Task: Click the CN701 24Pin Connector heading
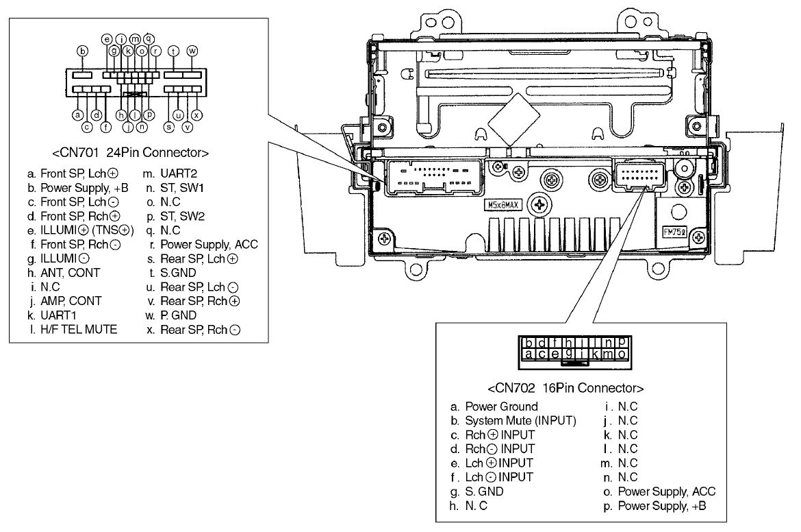coord(130,152)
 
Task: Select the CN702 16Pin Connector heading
coord(565,388)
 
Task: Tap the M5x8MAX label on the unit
coord(503,205)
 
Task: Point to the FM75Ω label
coord(674,231)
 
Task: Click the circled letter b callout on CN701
coord(82,51)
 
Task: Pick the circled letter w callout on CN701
coord(192,50)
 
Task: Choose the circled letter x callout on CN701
coord(196,115)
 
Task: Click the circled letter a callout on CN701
coord(77,115)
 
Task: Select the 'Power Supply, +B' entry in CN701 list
coord(84,188)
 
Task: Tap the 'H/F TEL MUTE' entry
coord(79,330)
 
